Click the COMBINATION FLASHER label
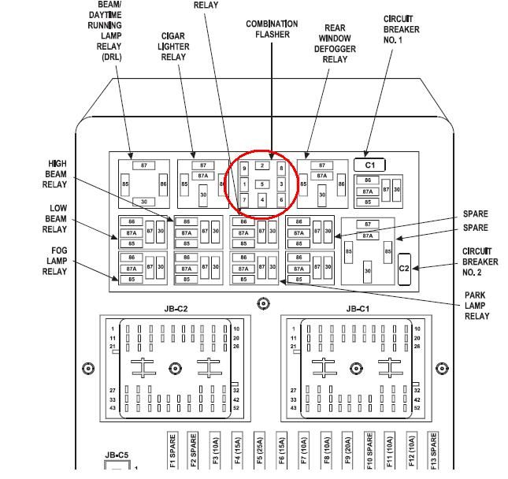[x=273, y=29]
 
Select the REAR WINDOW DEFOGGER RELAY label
[x=335, y=43]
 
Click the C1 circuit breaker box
[x=369, y=165]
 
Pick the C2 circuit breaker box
[x=404, y=268]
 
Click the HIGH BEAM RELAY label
[x=54, y=174]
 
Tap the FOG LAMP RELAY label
[x=54, y=260]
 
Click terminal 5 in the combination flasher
[x=263, y=184]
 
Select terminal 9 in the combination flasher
[x=245, y=169]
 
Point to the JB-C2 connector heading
[x=176, y=309]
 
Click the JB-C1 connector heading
[x=358, y=309]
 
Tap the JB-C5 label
[x=117, y=455]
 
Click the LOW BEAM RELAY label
[x=54, y=218]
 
